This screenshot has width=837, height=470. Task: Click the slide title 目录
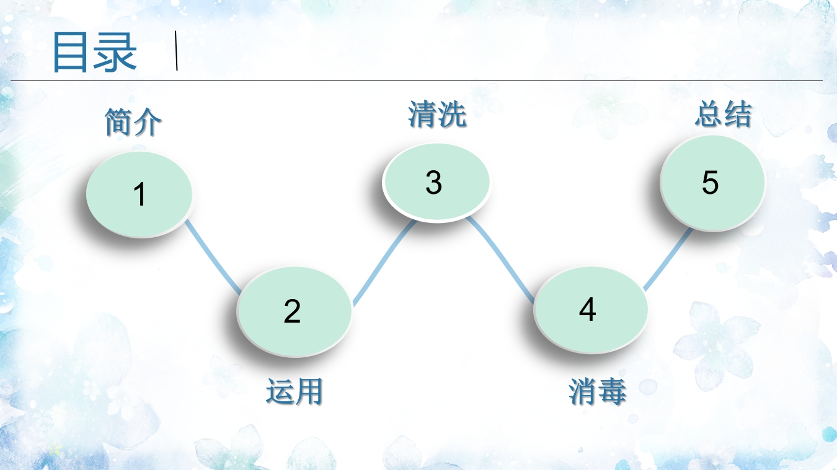click(x=94, y=52)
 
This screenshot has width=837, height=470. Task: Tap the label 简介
click(x=133, y=121)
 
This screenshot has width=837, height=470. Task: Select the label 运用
click(x=294, y=392)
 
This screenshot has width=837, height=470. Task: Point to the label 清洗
click(x=437, y=115)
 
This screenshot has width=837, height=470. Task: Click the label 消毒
click(x=598, y=392)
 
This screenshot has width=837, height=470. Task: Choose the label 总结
click(x=723, y=115)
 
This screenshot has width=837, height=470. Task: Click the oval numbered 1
click(x=139, y=194)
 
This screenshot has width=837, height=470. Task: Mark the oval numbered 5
click(x=712, y=183)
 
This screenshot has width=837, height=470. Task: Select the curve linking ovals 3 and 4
click(x=502, y=257)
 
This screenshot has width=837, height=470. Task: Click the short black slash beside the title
click(x=177, y=50)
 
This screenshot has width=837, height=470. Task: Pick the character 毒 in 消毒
click(x=613, y=392)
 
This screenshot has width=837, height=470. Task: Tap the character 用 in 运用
click(x=309, y=392)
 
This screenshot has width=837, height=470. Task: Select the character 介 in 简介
click(x=148, y=121)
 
